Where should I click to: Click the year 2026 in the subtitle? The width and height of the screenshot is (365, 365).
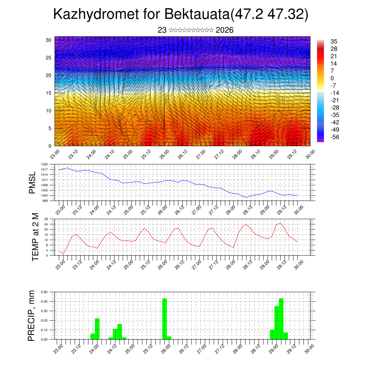pyautogui.click(x=225, y=30)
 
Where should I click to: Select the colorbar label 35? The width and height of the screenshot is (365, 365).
pyautogui.click(x=334, y=41)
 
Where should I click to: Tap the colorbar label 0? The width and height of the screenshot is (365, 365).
pyautogui.click(x=333, y=78)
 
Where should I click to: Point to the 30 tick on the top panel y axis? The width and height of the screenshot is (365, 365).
pyautogui.click(x=48, y=40)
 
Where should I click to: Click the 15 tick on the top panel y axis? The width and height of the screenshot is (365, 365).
pyautogui.click(x=48, y=93)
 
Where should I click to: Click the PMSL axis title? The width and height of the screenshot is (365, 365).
pyautogui.click(x=32, y=182)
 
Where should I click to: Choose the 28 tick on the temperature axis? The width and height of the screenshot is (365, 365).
pyautogui.click(x=46, y=219)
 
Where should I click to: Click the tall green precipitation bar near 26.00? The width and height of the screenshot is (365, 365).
pyautogui.click(x=165, y=319)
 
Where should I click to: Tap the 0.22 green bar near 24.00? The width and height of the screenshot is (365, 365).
pyautogui.click(x=97, y=329)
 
